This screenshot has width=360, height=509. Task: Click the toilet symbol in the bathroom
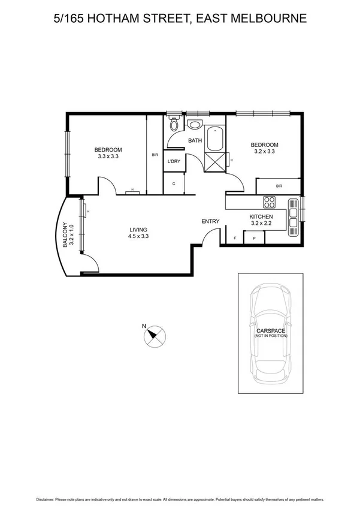173,125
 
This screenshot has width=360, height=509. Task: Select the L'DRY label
174,161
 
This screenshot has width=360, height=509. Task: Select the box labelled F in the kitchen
234,239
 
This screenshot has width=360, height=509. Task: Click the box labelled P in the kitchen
254,239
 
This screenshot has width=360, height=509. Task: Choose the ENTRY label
210,221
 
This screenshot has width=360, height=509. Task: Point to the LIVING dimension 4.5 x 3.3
138,236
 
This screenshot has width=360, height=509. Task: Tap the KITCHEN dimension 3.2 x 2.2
261,223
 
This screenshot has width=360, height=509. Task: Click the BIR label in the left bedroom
155,155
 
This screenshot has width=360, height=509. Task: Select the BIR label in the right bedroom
279,186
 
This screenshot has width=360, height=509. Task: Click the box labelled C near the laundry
173,183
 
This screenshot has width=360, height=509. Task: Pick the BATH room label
195,141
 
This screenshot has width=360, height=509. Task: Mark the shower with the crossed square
214,161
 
